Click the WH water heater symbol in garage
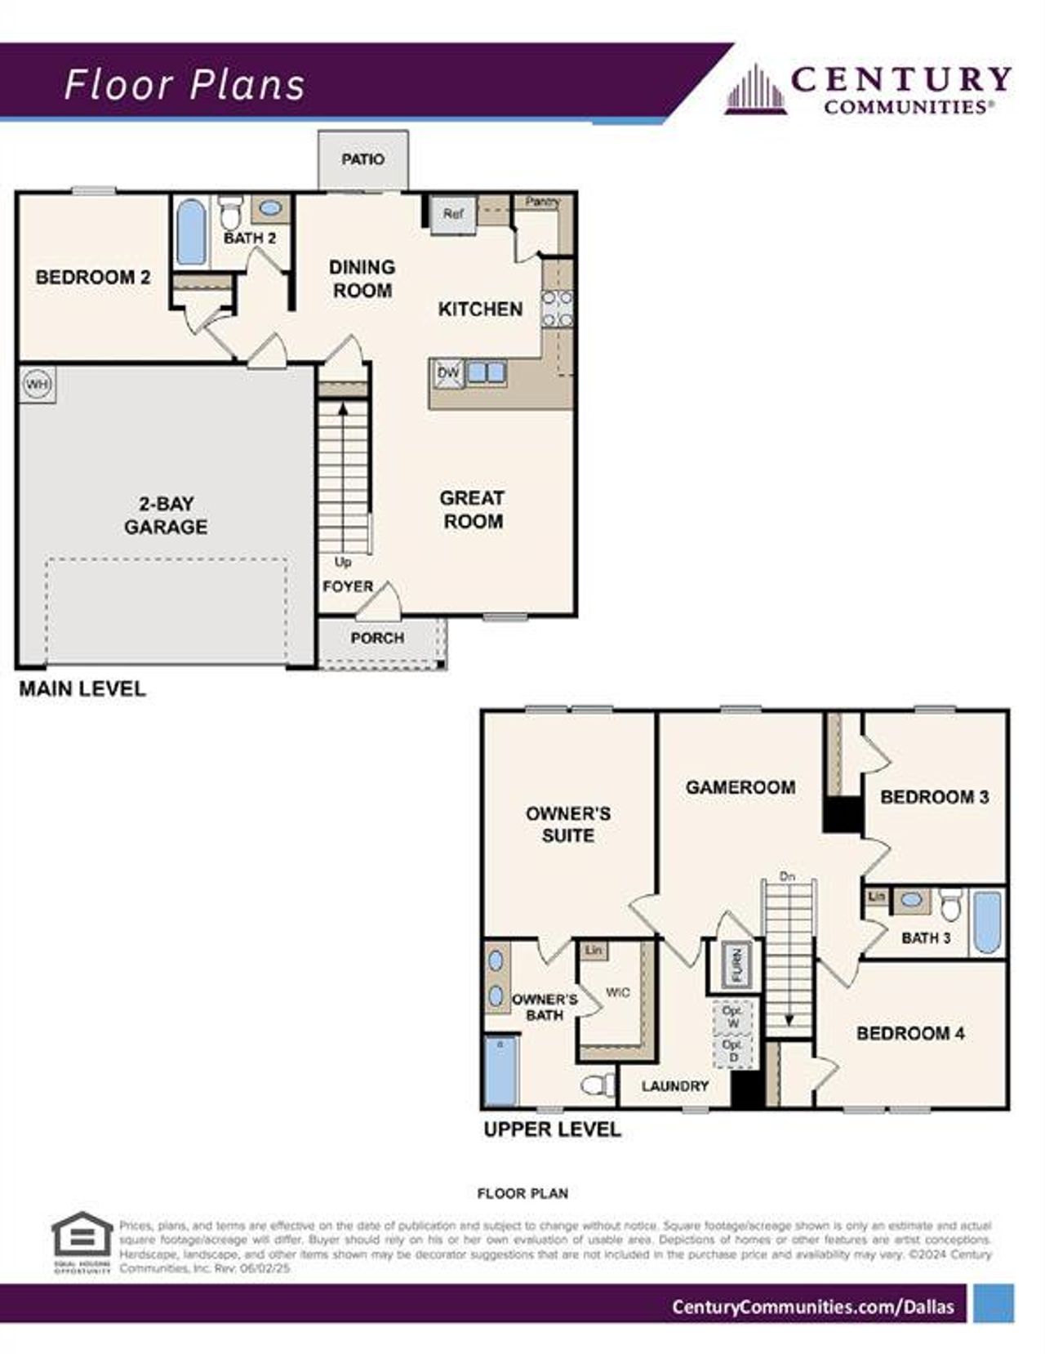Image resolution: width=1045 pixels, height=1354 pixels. [37, 384]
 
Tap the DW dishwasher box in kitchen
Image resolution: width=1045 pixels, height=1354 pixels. [448, 373]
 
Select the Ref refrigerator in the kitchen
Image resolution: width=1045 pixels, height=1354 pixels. [453, 214]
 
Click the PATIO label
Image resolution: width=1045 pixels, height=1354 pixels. [362, 159]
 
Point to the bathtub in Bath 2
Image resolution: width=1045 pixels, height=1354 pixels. [191, 232]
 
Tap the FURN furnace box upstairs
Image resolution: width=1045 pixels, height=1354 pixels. [736, 964]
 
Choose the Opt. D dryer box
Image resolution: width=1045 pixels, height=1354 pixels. [732, 1051]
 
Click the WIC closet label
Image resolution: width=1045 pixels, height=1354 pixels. [617, 992]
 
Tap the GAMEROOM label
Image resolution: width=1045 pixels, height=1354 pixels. [740, 787]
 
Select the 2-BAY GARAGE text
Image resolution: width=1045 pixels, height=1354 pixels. [166, 515]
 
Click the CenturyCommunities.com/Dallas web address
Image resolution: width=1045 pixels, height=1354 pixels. [812, 1307]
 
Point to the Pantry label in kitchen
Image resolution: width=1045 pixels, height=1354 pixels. [542, 201]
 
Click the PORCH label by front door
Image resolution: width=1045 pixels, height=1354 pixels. [377, 638]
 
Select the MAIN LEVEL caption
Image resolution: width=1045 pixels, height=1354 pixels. [82, 688]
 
